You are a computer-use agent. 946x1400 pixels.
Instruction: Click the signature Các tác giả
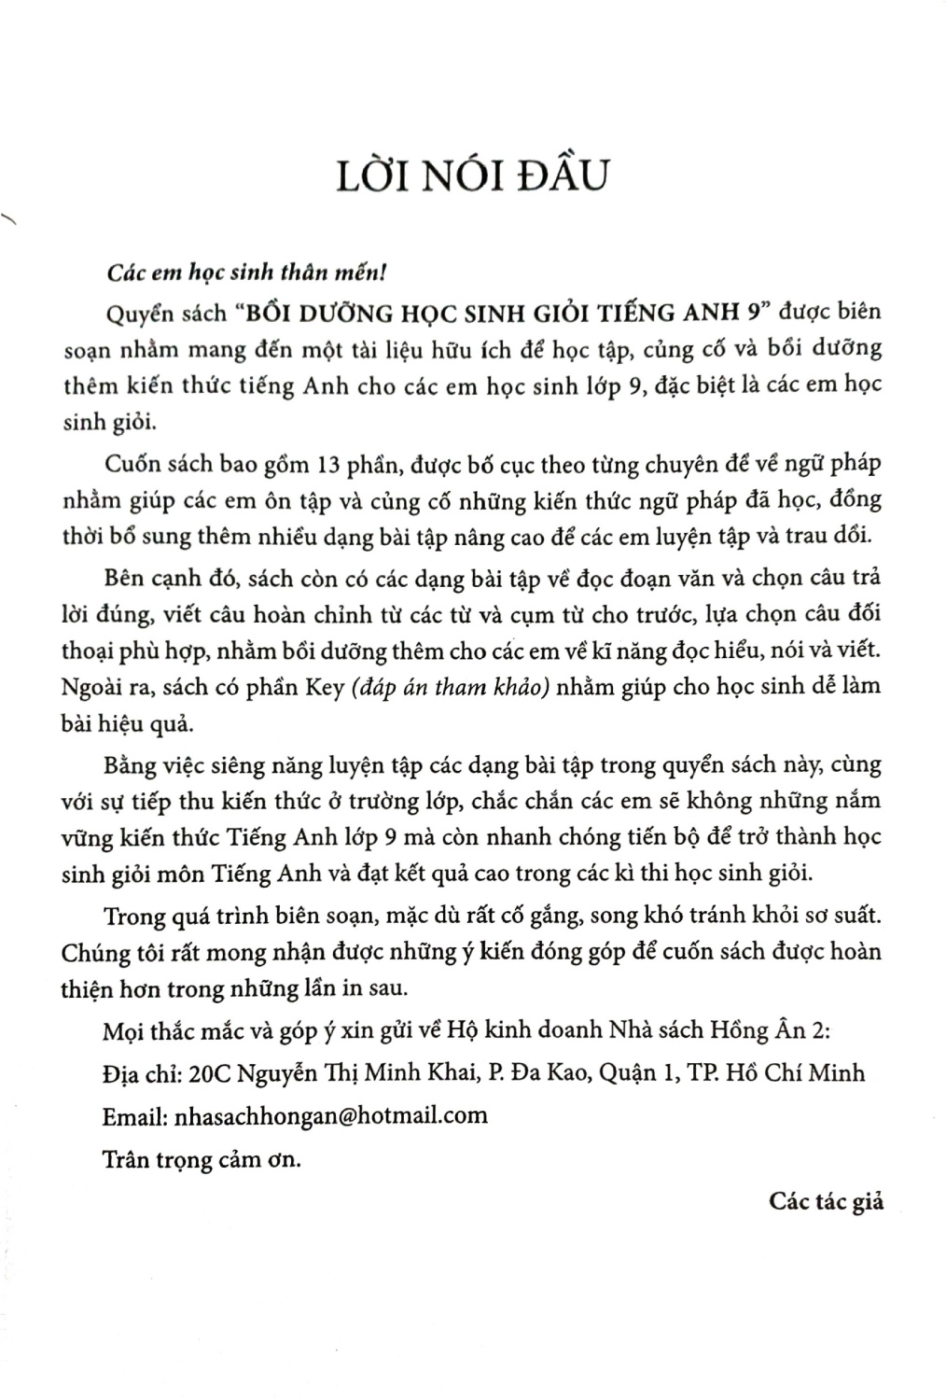click(826, 1200)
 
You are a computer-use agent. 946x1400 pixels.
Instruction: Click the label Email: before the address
click(136, 1114)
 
